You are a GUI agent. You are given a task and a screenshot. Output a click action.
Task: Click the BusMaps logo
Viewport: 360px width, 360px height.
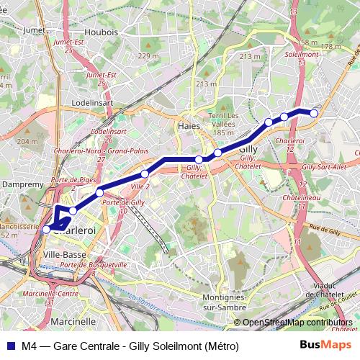325,346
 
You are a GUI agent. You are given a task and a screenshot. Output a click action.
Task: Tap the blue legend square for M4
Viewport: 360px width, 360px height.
9,346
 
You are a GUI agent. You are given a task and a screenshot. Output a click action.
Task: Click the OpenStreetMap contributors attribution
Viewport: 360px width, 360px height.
297,323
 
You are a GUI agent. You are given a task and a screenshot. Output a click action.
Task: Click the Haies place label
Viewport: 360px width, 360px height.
189,127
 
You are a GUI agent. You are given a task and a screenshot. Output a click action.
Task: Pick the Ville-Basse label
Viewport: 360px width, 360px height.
63,255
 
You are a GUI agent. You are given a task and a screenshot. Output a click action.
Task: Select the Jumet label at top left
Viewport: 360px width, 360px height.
34,30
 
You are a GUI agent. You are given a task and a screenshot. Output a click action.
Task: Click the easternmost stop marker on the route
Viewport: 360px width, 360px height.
314,112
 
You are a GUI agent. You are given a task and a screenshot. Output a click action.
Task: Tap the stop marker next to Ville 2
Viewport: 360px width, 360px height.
145,174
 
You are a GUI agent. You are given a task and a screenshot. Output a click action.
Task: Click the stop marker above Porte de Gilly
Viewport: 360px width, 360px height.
99,192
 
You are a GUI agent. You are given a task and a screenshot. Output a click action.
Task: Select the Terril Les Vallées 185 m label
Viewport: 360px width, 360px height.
223,124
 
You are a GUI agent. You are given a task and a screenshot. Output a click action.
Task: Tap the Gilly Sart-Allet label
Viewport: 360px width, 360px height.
324,167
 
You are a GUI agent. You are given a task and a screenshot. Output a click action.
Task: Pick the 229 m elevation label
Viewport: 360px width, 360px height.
148,56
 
